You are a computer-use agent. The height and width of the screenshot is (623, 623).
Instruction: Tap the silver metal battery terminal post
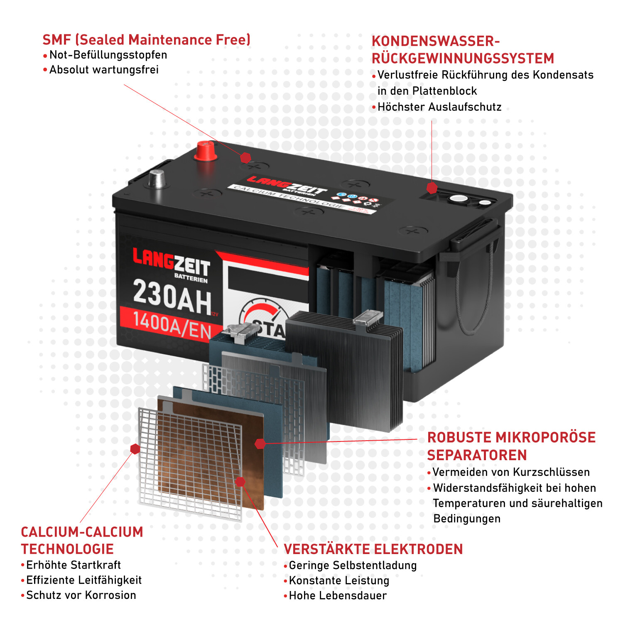(x=157, y=179)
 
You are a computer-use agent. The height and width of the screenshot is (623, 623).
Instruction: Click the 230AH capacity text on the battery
(x=172, y=297)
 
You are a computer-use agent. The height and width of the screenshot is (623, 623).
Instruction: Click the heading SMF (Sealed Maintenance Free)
(x=146, y=40)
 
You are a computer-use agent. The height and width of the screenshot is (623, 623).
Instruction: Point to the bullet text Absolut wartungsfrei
(x=104, y=70)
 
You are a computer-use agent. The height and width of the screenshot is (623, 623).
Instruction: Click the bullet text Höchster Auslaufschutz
(x=439, y=107)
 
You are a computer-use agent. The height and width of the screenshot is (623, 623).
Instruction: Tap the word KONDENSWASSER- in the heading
(x=435, y=42)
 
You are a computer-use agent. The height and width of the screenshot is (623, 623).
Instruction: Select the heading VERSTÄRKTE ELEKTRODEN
(x=373, y=549)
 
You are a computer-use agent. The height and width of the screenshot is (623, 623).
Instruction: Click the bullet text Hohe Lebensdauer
(x=337, y=596)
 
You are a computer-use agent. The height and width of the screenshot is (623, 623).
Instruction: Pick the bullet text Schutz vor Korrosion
(x=81, y=595)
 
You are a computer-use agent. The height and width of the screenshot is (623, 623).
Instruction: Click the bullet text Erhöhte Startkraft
(x=73, y=565)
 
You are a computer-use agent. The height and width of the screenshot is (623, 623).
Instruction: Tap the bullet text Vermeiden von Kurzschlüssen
(x=511, y=472)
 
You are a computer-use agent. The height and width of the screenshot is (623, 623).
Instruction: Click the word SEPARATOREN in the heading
(x=477, y=455)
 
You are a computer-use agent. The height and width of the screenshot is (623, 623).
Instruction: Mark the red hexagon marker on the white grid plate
(x=135, y=449)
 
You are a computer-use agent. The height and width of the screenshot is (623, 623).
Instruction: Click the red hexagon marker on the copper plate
(x=240, y=482)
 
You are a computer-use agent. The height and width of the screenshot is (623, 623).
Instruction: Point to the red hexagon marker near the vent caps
(x=432, y=188)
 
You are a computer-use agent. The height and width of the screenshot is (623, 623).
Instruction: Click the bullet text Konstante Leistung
(x=339, y=581)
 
